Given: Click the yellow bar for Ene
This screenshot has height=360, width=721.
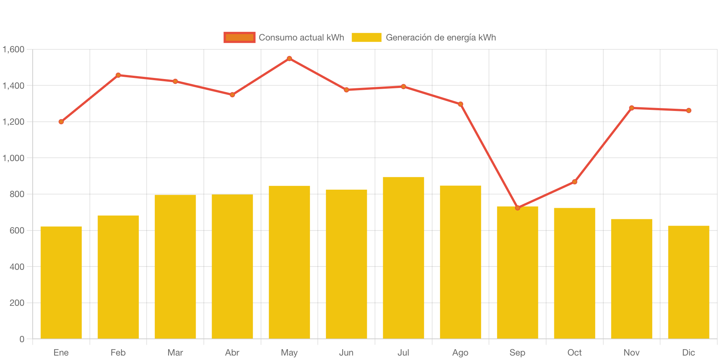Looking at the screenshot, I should coord(61,282).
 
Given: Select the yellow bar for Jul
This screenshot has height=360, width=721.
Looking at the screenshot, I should coord(404,258).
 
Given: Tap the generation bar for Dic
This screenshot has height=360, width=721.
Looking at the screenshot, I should coord(689,282).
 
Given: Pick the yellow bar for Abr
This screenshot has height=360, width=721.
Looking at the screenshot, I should coord(232,266).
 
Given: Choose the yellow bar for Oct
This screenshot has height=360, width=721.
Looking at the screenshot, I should coord(575,273).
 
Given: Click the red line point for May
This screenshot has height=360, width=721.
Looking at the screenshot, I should coord(289,59).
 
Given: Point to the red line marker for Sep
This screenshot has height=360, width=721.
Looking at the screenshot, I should coord(518,208).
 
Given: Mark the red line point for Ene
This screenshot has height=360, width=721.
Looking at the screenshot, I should coord(61,122).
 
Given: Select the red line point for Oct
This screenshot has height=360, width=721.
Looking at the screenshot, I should coord(575,182).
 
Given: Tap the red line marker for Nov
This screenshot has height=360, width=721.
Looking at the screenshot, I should coord(632,108).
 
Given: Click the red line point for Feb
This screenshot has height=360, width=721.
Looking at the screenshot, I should coord(118,75).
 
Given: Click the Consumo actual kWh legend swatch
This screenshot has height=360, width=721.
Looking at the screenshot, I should coord(239,37).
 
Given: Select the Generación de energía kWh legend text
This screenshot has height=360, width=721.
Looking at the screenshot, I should coord(441,37).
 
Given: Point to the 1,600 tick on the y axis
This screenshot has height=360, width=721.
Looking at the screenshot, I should coord(14,49).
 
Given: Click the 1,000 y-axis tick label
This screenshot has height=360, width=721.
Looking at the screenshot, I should coord(14,158).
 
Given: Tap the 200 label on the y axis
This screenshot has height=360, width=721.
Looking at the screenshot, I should coord(17,303).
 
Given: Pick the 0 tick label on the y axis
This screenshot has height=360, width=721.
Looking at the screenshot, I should coord(22,339).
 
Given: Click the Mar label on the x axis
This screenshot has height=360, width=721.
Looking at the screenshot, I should coord(175,353).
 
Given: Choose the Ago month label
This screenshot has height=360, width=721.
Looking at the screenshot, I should coord(460,353).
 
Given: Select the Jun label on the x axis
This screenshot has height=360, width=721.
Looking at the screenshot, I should coord(346,353).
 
